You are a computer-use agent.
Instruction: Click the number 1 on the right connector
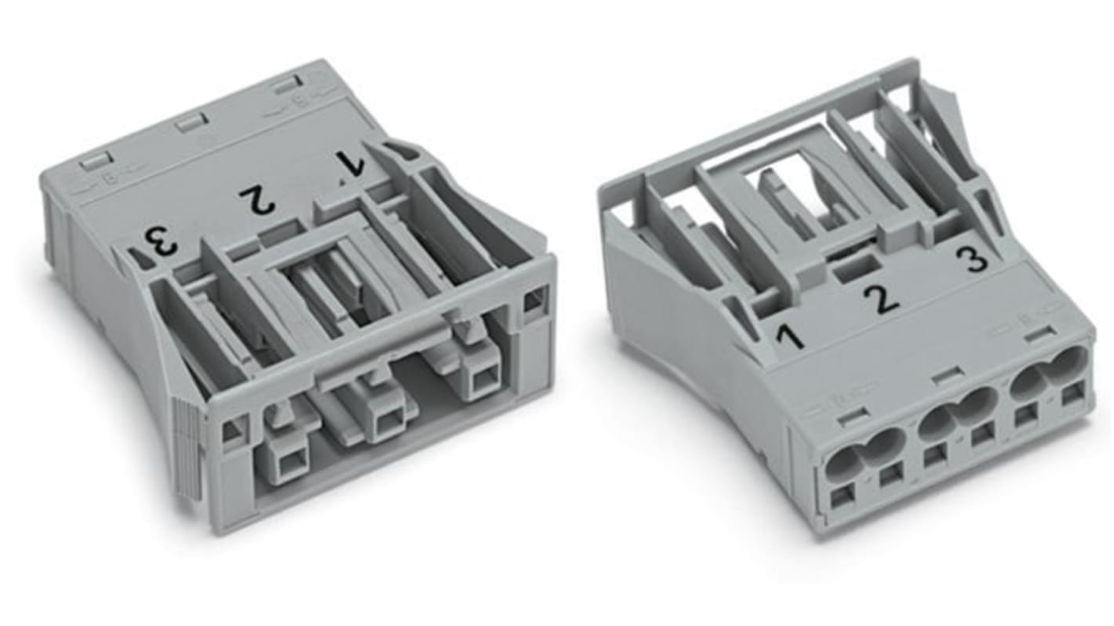tap(789, 337)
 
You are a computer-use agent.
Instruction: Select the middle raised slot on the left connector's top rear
tap(191, 122)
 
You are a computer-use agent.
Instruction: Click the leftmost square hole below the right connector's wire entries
tap(841, 496)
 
